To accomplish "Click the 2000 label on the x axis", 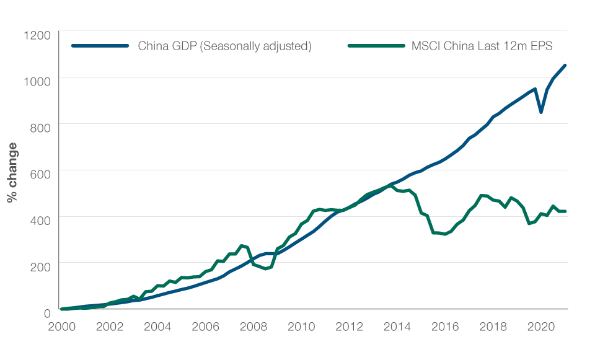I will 61,327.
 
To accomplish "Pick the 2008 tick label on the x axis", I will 254,327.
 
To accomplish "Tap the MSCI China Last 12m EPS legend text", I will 482,46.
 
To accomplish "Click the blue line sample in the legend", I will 99,46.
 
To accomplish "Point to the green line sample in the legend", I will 375,46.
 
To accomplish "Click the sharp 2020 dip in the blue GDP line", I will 541,112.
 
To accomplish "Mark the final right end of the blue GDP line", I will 565,65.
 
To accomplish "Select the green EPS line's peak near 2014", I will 391,185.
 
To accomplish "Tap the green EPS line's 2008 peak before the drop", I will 242,245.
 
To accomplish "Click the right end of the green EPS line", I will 565,211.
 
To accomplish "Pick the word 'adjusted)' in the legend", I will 289,46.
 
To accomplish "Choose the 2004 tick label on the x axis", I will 158,327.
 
